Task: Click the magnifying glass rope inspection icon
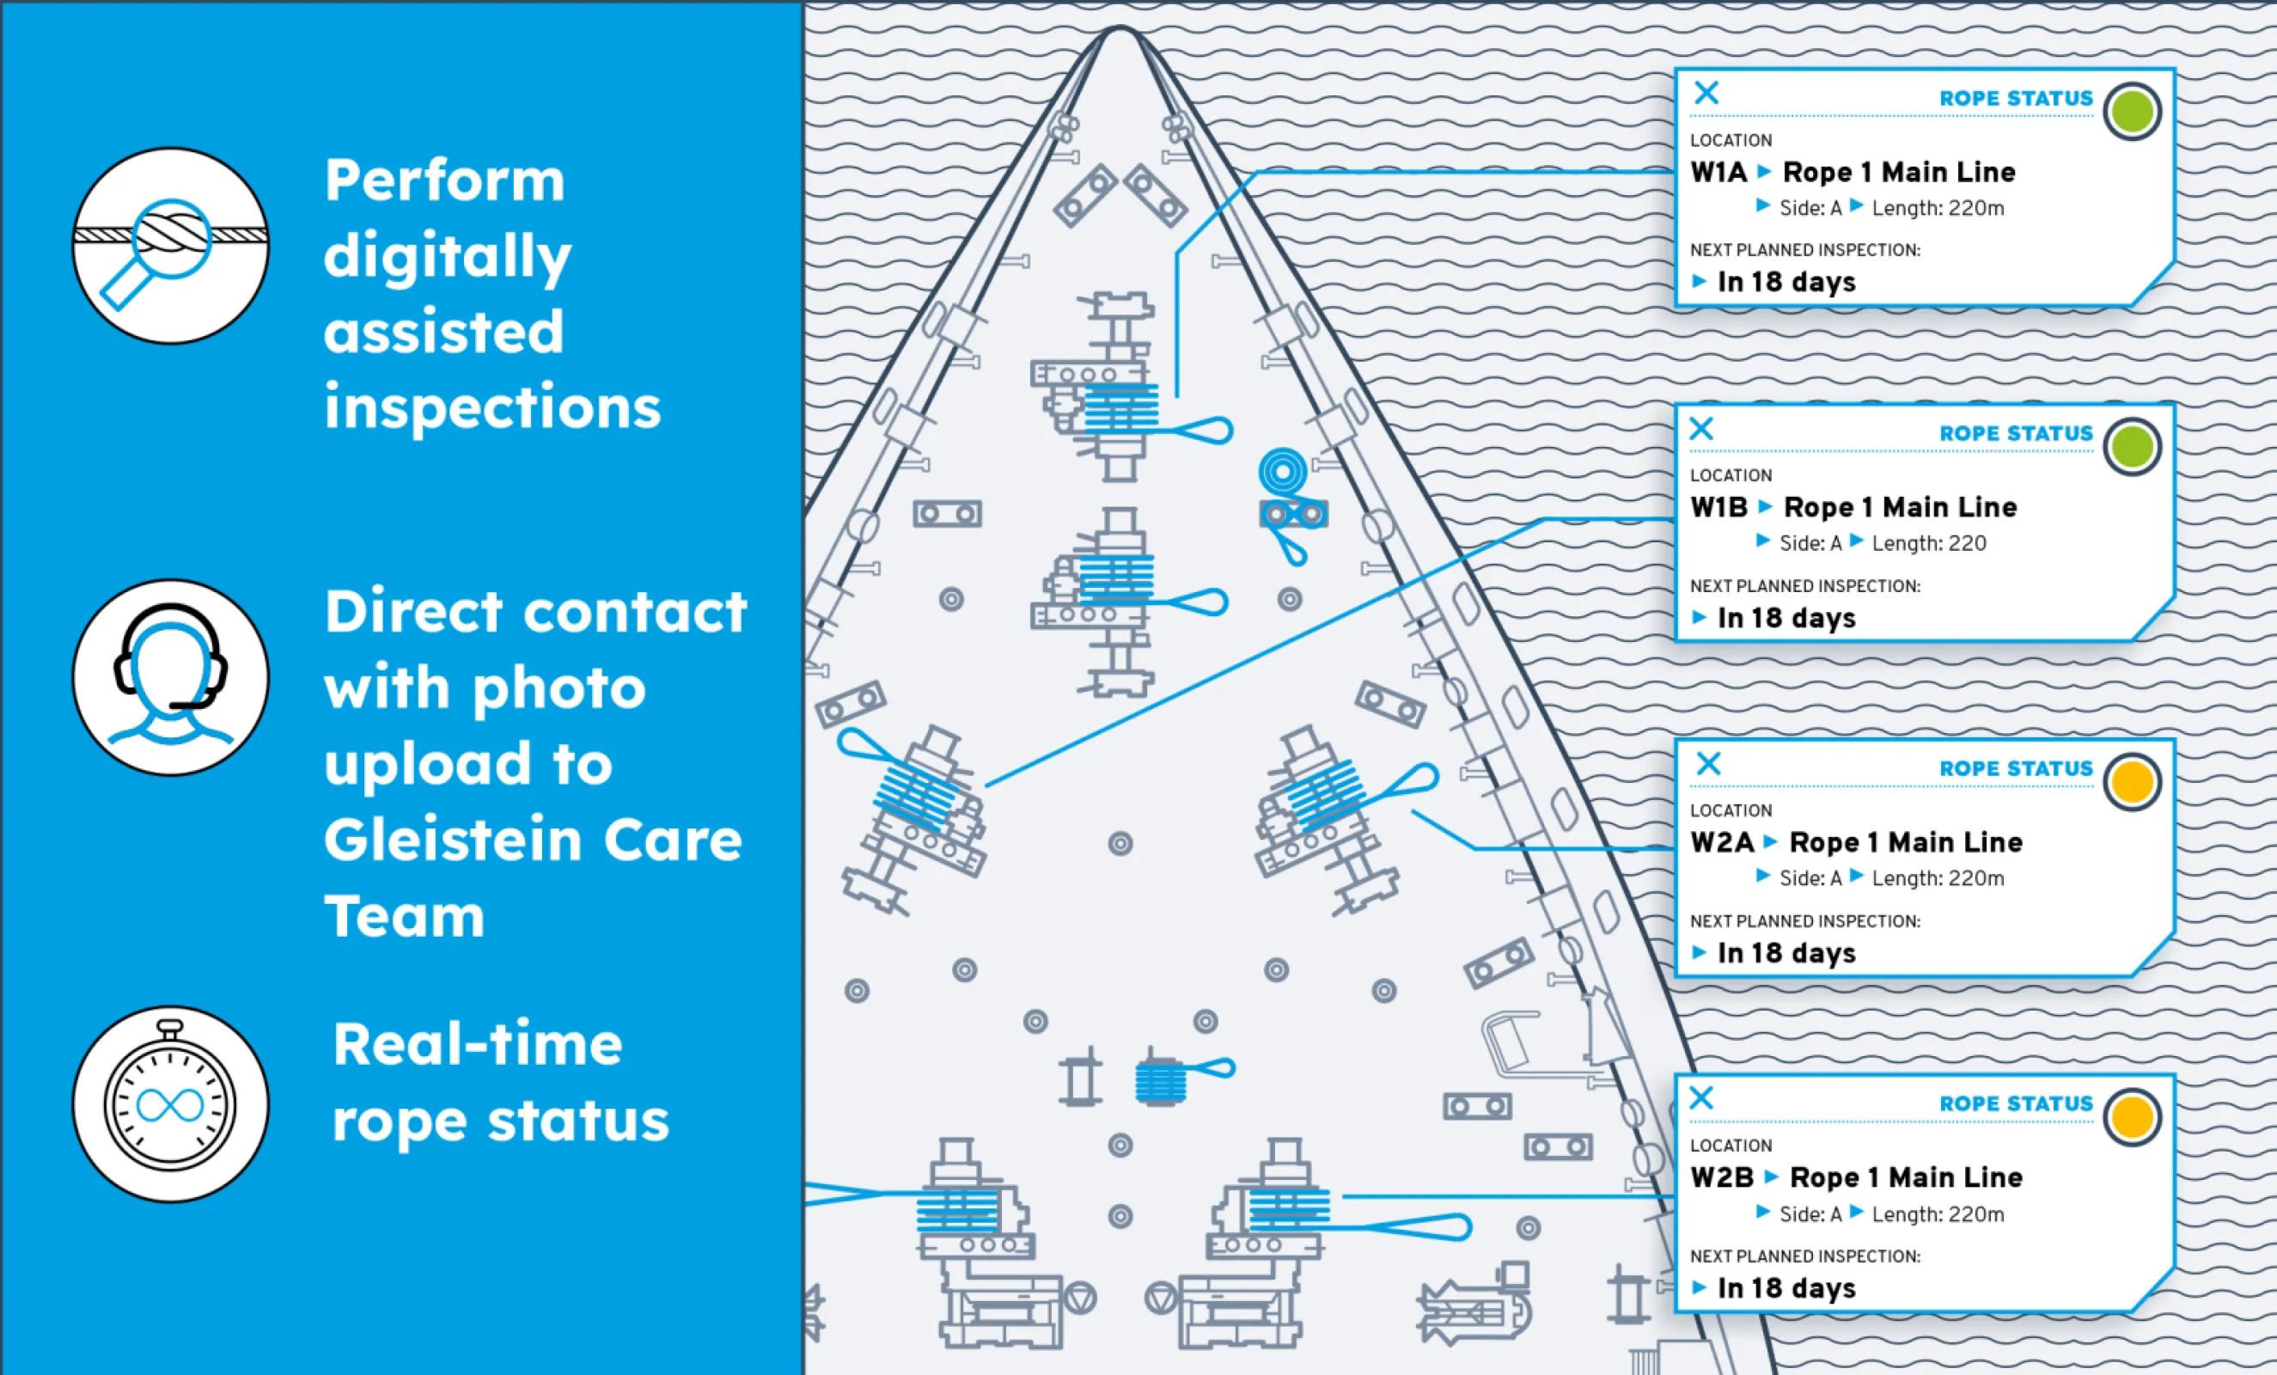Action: tap(171, 246)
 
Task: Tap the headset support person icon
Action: tap(171, 677)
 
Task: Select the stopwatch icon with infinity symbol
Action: tap(171, 1103)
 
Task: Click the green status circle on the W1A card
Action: tap(2131, 112)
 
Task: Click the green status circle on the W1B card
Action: tap(2131, 447)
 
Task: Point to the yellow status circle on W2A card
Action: tap(2131, 782)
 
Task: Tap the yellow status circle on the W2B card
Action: tap(2131, 1116)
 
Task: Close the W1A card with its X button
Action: tap(1706, 93)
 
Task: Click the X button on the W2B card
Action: tap(1701, 1097)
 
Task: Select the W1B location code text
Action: tap(1718, 507)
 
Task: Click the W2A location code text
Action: tap(1721, 843)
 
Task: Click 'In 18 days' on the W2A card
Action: tap(1786, 953)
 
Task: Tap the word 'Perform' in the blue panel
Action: tap(444, 180)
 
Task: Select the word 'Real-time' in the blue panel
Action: tap(477, 1045)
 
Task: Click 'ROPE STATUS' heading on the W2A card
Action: tap(2016, 769)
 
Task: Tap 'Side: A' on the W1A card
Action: tap(1810, 209)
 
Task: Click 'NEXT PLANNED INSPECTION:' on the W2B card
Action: tap(1804, 1256)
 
